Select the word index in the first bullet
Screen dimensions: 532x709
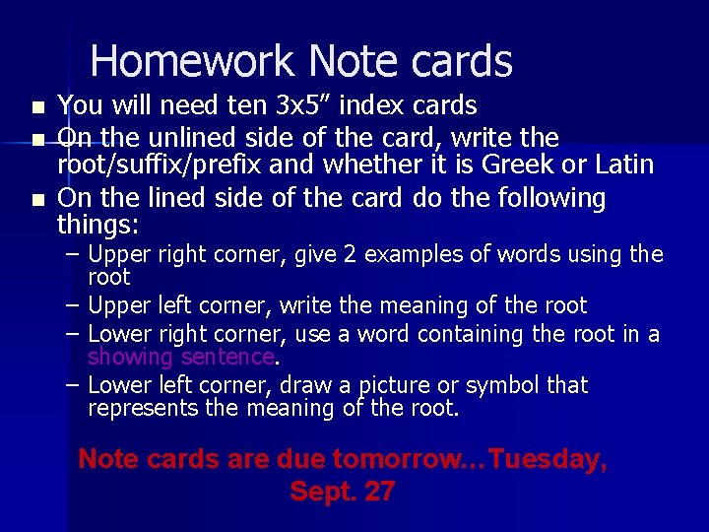350,105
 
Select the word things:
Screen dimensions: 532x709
98,226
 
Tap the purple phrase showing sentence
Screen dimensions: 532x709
181,356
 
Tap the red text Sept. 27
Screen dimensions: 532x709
342,492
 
